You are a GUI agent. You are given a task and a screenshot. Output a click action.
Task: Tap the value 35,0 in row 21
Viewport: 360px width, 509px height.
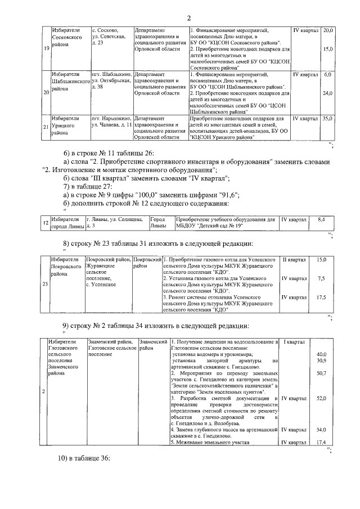[328, 119]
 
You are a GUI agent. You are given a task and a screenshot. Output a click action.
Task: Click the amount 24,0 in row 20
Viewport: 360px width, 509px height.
[328, 93]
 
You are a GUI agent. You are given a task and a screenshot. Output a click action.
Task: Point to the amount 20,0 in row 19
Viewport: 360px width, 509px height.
[328, 29]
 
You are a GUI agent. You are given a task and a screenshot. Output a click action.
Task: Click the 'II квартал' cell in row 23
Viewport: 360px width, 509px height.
[294, 260]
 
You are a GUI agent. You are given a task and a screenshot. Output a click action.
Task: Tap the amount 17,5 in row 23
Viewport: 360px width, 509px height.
[321, 297]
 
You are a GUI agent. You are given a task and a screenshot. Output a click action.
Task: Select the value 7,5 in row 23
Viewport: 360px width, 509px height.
[321, 278]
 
